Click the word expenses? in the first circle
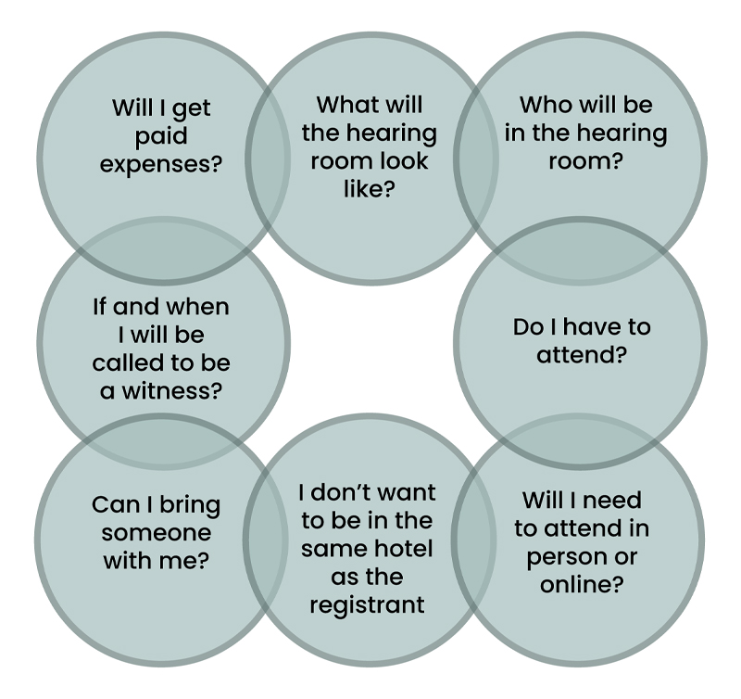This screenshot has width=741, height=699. pyautogui.click(x=161, y=165)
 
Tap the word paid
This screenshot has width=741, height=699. pyautogui.click(x=161, y=136)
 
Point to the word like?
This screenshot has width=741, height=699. pyautogui.click(x=369, y=189)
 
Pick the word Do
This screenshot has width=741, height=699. pyautogui.click(x=529, y=327)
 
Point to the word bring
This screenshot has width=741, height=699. pyautogui.click(x=189, y=506)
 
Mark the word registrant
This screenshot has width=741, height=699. pyautogui.click(x=368, y=605)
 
